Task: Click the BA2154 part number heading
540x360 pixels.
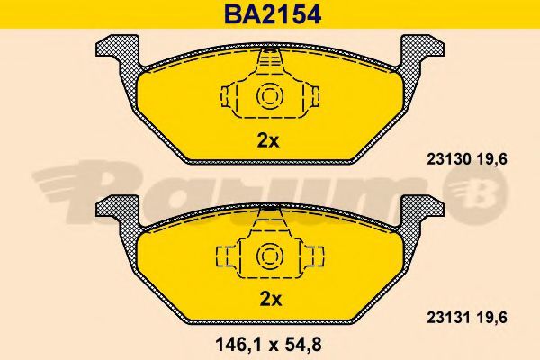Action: (273, 14)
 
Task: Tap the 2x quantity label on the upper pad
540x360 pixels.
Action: (268, 141)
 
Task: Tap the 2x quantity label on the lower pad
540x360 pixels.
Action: (270, 299)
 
